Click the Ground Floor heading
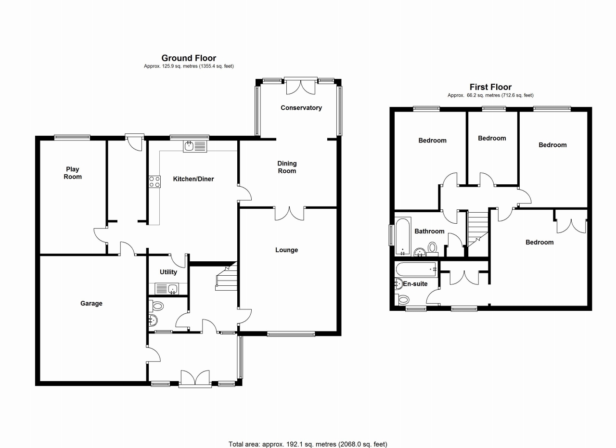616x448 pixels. (x=189, y=58)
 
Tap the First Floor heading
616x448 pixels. (x=490, y=87)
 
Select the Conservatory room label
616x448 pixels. (x=301, y=108)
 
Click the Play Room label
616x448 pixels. (x=73, y=173)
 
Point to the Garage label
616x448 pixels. (x=91, y=304)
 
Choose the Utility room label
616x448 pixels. (x=168, y=272)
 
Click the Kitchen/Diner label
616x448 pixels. (x=193, y=179)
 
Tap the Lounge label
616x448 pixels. (x=287, y=250)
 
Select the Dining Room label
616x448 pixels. (x=287, y=167)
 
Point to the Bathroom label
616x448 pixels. (x=430, y=231)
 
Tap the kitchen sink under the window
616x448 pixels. (x=194, y=146)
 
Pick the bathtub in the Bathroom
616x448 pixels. (x=402, y=237)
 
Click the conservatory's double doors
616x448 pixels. (x=301, y=86)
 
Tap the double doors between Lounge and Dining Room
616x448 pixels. (x=290, y=213)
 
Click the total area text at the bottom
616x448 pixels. (x=307, y=444)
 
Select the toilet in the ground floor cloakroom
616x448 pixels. (x=157, y=305)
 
